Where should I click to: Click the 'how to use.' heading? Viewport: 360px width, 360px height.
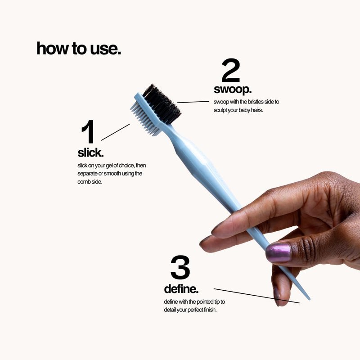[79, 49]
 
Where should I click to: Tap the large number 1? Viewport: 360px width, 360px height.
[88, 131]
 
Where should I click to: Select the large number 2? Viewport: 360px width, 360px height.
[231, 70]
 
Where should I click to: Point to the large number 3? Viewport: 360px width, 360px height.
[180, 267]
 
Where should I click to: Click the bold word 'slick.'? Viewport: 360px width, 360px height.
[90, 153]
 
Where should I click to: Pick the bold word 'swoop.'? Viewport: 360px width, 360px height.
[233, 89]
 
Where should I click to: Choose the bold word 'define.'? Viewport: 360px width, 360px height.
[181, 289]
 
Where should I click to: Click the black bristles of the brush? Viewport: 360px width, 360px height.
[162, 104]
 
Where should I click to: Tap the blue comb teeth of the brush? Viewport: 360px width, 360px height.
[145, 119]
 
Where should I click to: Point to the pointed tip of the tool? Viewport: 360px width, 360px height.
[309, 299]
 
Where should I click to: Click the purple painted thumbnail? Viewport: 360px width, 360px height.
[278, 253]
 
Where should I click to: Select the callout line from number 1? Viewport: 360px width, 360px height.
[116, 132]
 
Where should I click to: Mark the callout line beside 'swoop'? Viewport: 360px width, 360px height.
[193, 102]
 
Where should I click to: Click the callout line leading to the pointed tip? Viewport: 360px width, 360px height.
[256, 296]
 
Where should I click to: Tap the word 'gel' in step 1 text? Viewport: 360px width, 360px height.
[109, 166]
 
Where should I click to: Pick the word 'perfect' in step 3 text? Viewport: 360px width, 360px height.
[195, 310]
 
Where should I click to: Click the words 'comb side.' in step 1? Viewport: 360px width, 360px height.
[90, 182]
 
